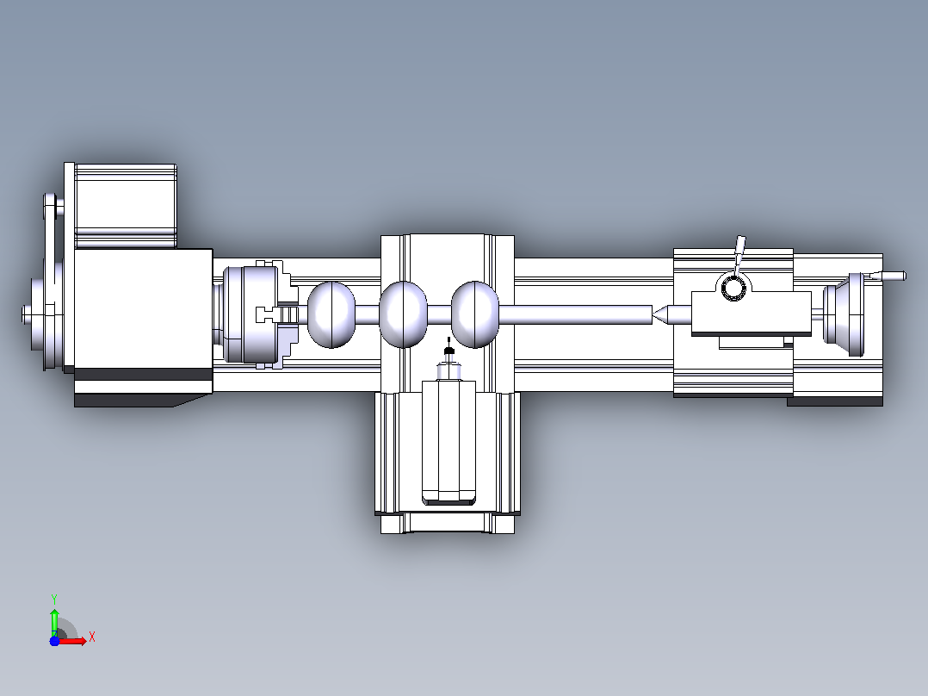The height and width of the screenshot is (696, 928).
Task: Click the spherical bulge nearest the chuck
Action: click(x=331, y=314)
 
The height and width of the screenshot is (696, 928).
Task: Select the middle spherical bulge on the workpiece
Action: click(x=403, y=314)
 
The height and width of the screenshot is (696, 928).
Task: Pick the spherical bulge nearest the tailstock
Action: click(x=475, y=314)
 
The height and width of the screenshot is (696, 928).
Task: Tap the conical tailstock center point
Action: click(x=660, y=314)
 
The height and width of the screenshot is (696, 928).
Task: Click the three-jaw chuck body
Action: click(x=251, y=314)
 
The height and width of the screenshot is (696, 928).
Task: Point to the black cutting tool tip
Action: click(x=449, y=351)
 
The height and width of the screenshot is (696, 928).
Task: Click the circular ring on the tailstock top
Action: click(x=733, y=288)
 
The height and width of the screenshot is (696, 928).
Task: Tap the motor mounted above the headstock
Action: click(x=126, y=206)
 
